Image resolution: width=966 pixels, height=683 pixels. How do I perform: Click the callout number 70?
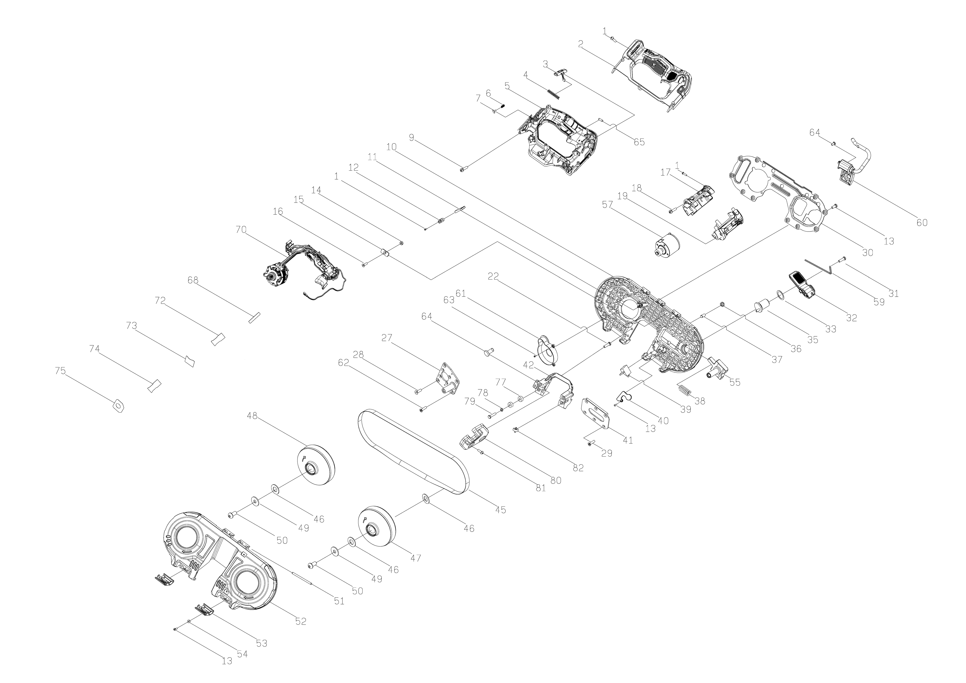pyautogui.click(x=241, y=230)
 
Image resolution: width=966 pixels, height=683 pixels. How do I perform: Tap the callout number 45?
pyautogui.click(x=500, y=510)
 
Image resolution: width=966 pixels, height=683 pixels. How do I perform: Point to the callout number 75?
pyautogui.click(x=61, y=371)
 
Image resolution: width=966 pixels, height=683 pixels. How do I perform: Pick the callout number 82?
pyautogui.click(x=578, y=468)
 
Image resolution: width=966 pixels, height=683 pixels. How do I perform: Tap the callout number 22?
pyautogui.click(x=493, y=276)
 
